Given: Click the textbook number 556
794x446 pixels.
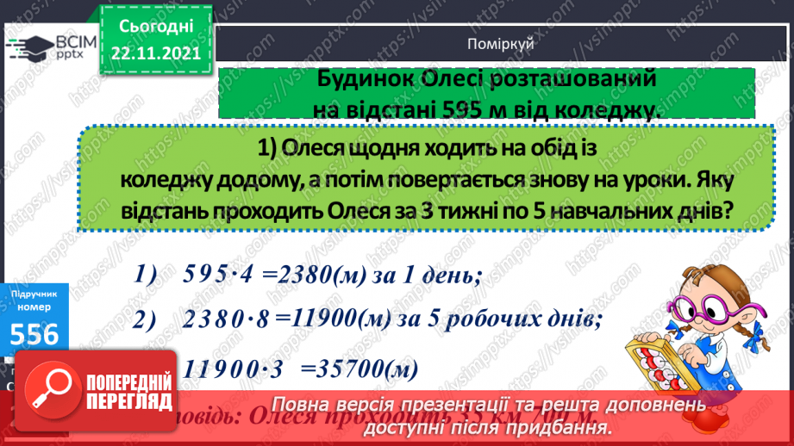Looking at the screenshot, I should [34, 333].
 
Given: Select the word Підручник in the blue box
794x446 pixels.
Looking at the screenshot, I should [34, 294].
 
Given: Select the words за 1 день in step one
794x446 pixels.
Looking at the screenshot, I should [435, 276].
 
